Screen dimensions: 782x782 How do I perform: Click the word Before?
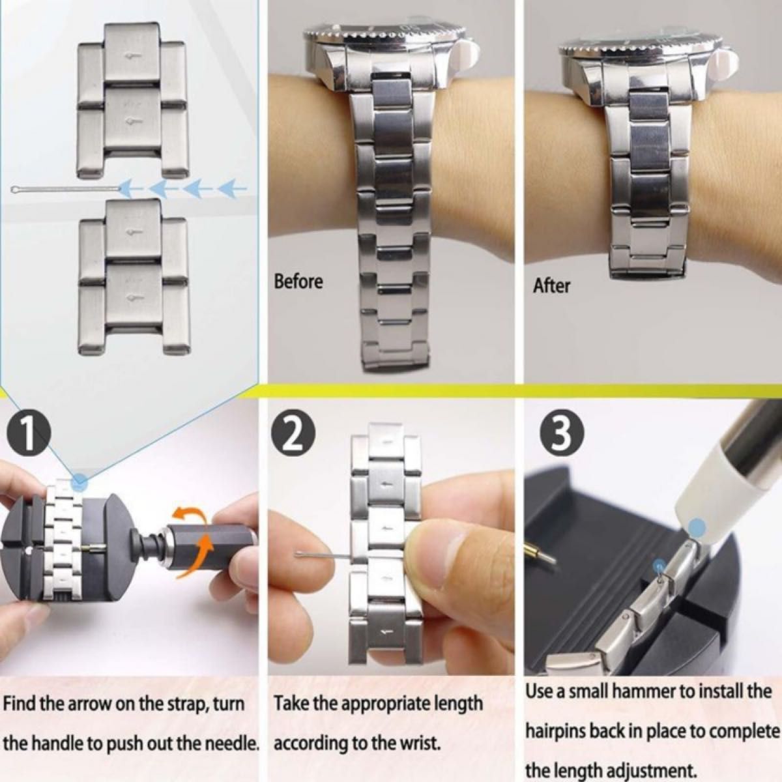[x=298, y=282]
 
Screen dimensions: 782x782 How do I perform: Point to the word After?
[x=551, y=285]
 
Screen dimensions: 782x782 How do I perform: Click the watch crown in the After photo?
[x=727, y=61]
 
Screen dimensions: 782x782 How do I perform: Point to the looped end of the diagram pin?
[x=16, y=189]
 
